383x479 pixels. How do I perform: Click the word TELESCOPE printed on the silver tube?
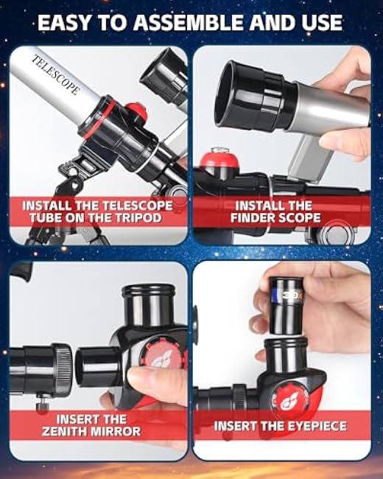pos(56,74)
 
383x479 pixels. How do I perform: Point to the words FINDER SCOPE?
pos(275,218)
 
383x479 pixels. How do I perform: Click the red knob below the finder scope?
pos(219,160)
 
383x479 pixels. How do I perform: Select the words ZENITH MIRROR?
pos(91,431)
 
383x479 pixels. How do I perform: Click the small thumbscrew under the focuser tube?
pos(43,403)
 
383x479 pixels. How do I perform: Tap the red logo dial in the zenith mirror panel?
pos(163,357)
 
